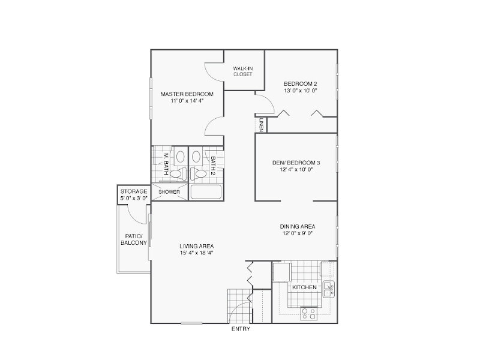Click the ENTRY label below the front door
click(x=241, y=329)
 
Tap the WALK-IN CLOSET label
click(x=243, y=71)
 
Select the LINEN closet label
click(x=261, y=125)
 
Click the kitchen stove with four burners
click(x=308, y=313)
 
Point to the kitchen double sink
click(x=329, y=289)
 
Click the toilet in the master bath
click(x=178, y=174)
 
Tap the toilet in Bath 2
click(x=198, y=174)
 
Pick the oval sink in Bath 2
click(x=196, y=157)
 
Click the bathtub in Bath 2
click(x=206, y=192)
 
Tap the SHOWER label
click(x=169, y=192)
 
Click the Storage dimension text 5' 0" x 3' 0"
click(x=134, y=198)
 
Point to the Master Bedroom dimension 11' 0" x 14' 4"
click(x=187, y=100)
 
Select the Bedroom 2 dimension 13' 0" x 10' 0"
click(x=301, y=91)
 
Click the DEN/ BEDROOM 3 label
click(x=296, y=163)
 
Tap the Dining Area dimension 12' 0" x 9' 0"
click(x=298, y=233)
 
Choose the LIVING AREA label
click(x=197, y=246)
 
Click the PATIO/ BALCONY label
click(x=134, y=239)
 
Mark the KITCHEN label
click(x=304, y=287)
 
